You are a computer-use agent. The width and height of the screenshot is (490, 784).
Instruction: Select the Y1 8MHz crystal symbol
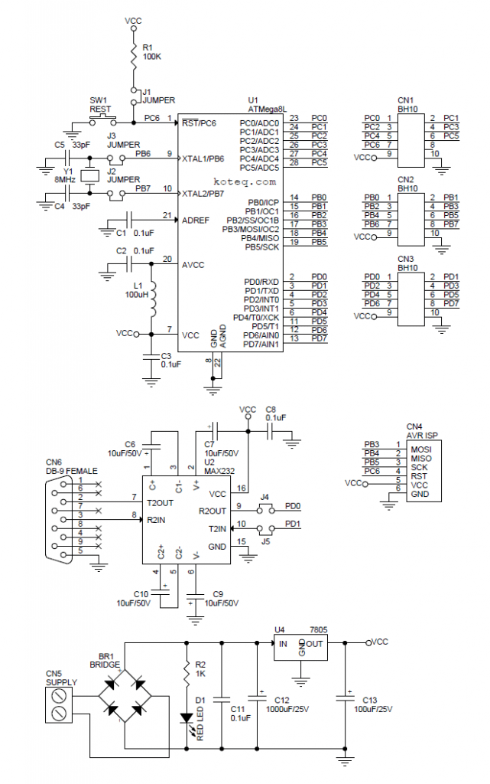pos(90,175)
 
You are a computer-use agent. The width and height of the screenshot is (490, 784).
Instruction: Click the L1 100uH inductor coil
pos(151,299)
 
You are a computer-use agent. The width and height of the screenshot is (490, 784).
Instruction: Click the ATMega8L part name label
pos(267,109)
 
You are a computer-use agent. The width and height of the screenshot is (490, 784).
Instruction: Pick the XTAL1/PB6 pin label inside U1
pos(203,158)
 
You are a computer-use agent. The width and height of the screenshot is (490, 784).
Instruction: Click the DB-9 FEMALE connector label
pos(72,471)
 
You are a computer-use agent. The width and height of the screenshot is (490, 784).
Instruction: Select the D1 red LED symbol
pos(185,717)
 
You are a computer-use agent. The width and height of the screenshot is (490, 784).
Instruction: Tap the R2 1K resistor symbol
pos(185,671)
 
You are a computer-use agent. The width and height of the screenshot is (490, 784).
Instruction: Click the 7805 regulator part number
pos(320,629)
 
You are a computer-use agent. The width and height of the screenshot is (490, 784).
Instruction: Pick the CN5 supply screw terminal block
pos(60,704)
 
